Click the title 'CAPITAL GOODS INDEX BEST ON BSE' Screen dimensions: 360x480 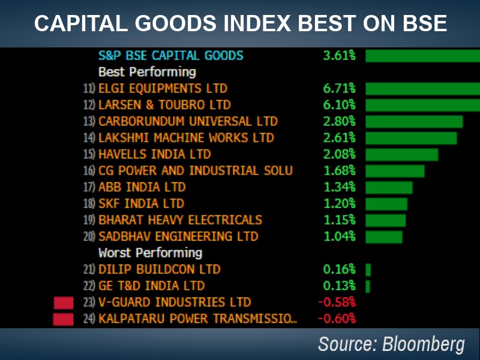point(240,23)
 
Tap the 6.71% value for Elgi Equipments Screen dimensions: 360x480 point(339,89)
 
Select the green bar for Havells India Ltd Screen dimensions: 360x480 point(401,154)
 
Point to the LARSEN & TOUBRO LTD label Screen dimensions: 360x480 point(164,105)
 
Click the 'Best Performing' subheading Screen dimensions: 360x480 point(147,72)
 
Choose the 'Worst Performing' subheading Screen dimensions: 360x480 point(150,253)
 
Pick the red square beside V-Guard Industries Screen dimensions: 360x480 point(63,302)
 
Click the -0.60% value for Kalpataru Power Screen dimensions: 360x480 point(336,319)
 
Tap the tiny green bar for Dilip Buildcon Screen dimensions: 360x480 point(368,269)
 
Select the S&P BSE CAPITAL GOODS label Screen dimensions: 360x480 point(171,56)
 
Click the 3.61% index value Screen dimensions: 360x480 point(339,56)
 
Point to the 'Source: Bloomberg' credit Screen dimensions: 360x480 point(391,344)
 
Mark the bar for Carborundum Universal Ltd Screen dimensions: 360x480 point(414,122)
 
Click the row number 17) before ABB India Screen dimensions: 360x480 point(89,187)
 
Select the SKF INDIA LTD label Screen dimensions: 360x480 point(141,203)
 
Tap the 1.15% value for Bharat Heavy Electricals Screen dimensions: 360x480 point(339,220)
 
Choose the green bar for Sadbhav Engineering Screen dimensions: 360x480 point(384,236)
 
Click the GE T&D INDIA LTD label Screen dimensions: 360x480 point(151,286)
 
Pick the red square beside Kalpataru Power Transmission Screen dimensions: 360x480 point(63,319)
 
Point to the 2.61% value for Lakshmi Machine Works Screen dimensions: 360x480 point(339,138)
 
